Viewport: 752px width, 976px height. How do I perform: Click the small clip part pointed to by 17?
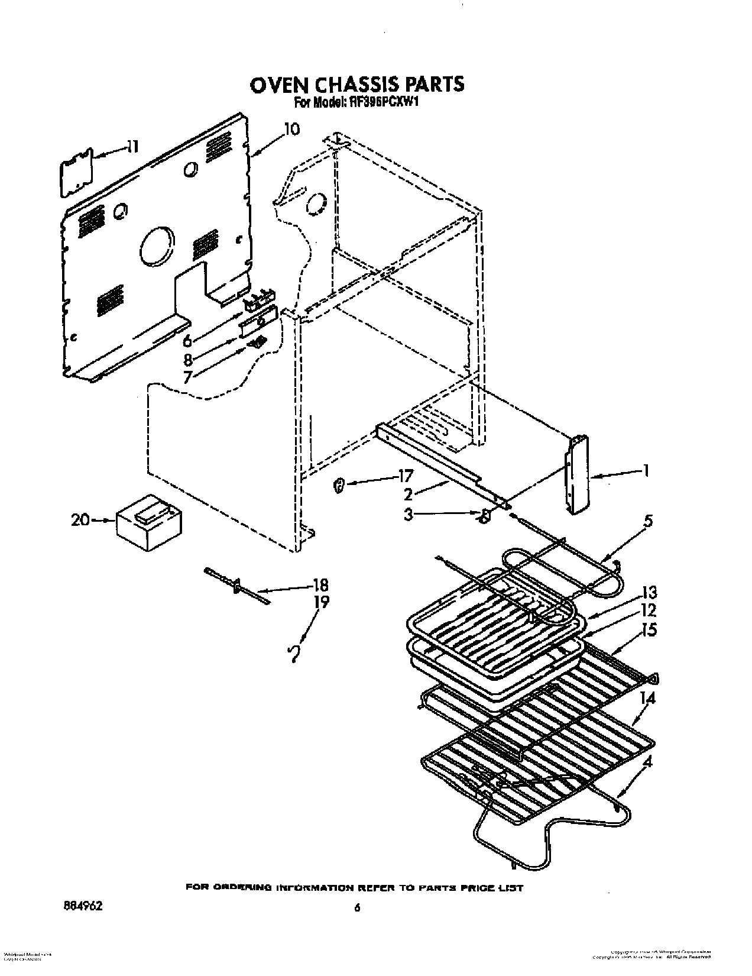click(x=339, y=486)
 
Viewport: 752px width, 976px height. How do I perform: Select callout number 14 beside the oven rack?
click(x=647, y=699)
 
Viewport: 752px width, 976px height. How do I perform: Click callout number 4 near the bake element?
click(x=647, y=763)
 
